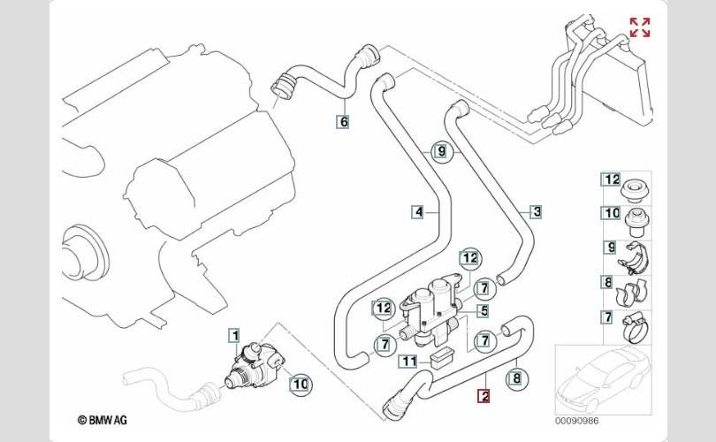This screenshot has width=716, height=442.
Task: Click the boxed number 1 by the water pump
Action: click(234, 335)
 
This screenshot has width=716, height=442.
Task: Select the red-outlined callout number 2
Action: click(484, 397)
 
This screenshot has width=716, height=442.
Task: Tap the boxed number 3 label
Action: click(536, 211)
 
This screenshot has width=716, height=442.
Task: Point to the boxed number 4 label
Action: click(417, 211)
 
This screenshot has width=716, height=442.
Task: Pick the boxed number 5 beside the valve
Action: click(484, 311)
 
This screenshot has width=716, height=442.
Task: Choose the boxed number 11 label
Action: click(408, 361)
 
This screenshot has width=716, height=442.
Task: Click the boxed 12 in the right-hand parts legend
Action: click(611, 179)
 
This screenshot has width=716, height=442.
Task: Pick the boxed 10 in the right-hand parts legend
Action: click(611, 213)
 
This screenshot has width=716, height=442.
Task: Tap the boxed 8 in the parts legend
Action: click(609, 283)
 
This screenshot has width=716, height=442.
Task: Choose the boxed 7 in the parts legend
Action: click(609, 316)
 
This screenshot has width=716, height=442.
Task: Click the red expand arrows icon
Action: click(640, 27)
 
